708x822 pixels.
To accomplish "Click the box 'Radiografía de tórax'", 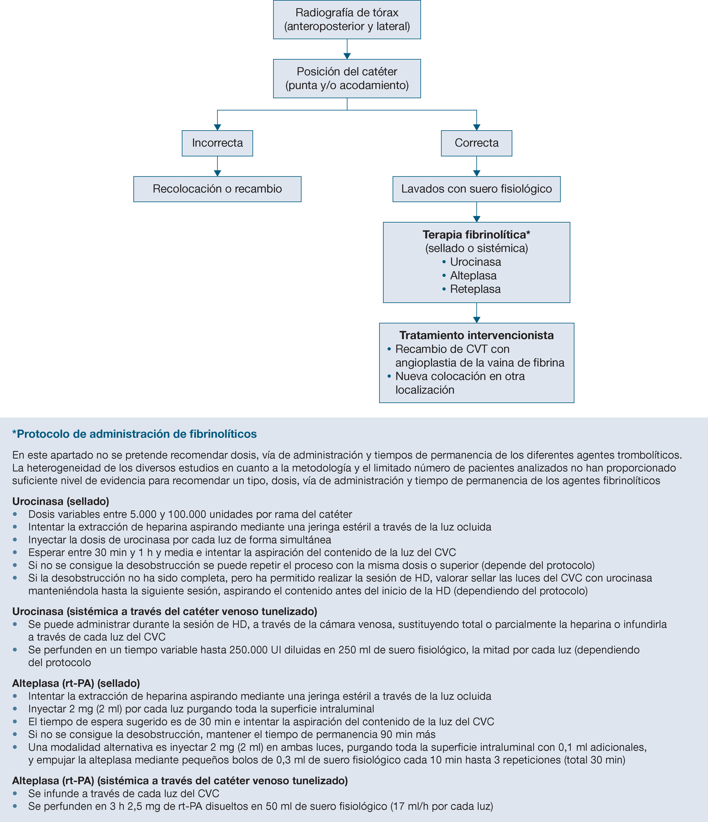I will click(x=347, y=19).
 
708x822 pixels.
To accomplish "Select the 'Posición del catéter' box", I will click(x=347, y=79).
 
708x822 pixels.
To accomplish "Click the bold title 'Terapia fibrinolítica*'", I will click(x=476, y=234).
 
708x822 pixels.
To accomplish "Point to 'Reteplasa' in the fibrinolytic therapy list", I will click(x=475, y=289).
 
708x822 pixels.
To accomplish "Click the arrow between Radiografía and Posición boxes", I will click(x=347, y=50).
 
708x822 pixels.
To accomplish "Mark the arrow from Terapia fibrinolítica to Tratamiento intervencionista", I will click(x=477, y=313).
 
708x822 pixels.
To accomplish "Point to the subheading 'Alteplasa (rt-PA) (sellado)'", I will click(x=76, y=683).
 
